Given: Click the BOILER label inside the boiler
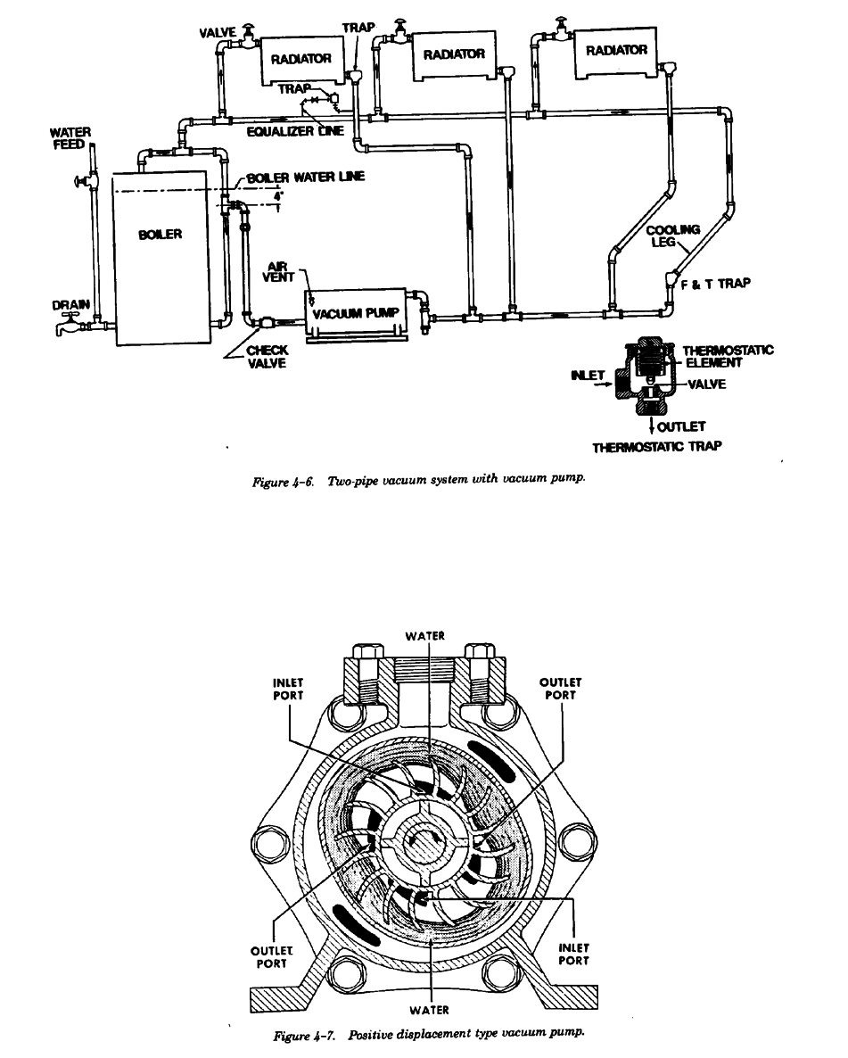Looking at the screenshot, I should [x=161, y=235].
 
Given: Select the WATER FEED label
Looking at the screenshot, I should [x=69, y=138].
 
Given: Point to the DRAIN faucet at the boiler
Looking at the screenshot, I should [x=64, y=329].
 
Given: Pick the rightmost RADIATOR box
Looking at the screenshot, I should [x=616, y=52].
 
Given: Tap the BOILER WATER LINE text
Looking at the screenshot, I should [x=300, y=178].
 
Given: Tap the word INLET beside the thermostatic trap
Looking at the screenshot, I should [x=587, y=375].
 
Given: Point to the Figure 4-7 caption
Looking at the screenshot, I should [x=429, y=1034].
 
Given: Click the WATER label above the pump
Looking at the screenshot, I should [x=424, y=637].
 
